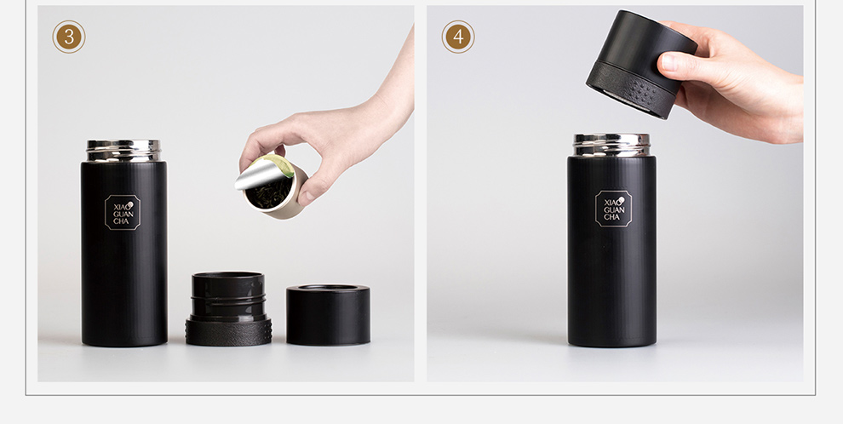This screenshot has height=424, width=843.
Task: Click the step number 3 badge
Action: coord(69,37)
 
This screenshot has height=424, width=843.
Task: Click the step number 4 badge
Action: coord(458,37)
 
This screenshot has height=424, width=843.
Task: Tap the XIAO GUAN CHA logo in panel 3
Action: coord(122,212)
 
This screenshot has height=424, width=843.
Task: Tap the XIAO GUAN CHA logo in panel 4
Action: coord(613,209)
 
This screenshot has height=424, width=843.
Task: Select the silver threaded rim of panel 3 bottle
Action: coord(123,151)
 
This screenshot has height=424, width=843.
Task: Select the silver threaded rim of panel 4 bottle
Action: coord(612,145)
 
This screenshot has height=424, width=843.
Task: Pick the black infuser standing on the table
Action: coord(228,308)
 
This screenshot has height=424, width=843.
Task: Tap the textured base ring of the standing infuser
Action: coord(228,331)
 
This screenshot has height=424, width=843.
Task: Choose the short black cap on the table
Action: coord(328,314)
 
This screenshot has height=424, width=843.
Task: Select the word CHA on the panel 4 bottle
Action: coord(612,217)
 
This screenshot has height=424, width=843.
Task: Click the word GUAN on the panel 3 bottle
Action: coord(123,214)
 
